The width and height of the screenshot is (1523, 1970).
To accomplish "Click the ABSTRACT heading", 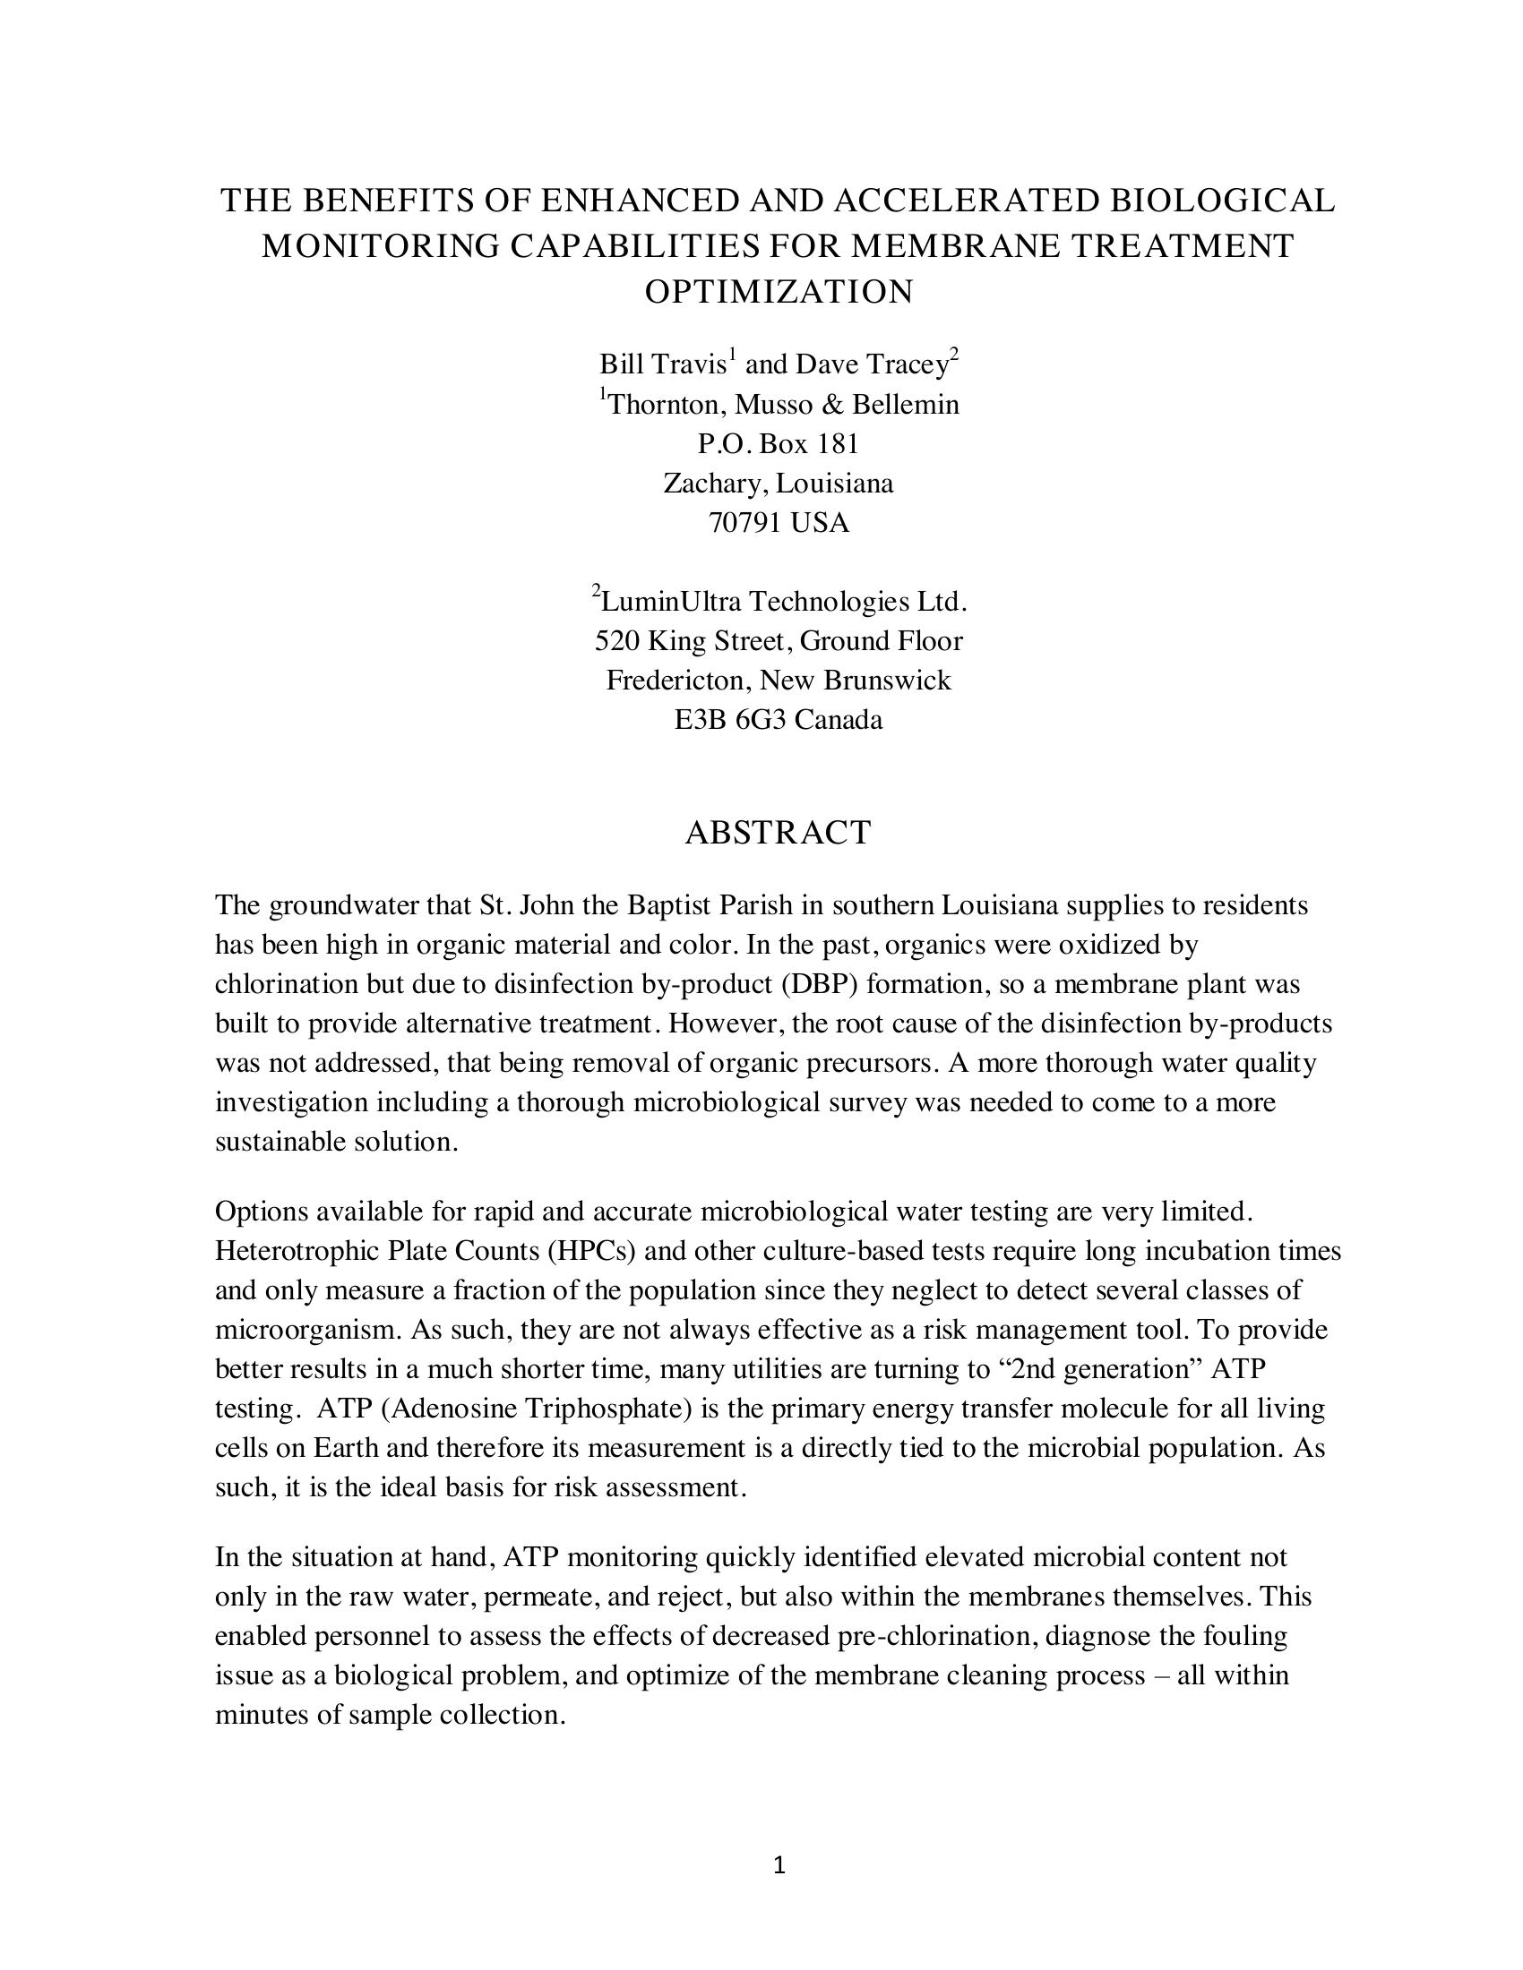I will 778,832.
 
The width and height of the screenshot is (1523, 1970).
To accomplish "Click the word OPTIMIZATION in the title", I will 778,291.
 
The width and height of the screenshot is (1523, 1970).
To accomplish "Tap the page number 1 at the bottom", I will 779,1864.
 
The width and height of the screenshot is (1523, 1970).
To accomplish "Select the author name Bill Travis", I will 662,364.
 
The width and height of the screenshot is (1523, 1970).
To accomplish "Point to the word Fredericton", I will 677,681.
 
